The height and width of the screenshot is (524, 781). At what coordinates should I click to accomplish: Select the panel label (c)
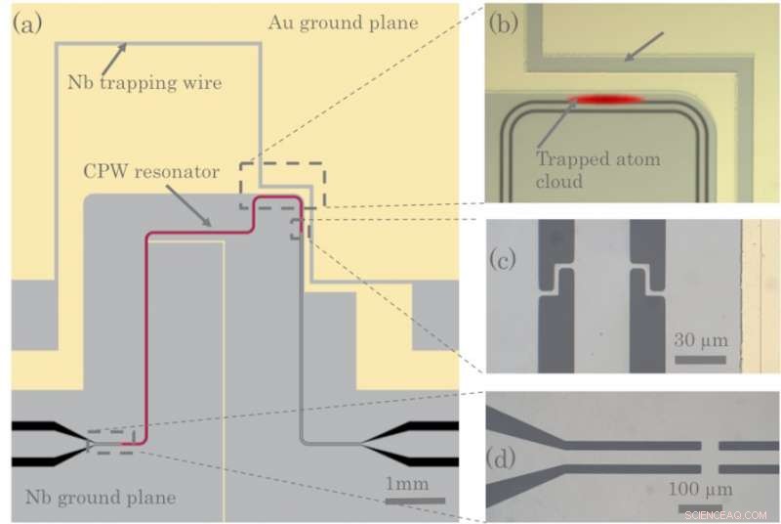pos(505,262)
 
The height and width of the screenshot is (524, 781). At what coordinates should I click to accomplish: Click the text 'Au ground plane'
pos(343,22)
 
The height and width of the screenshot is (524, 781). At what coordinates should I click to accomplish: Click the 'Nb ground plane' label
pos(93,496)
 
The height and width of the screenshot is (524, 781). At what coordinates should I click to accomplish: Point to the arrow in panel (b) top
pos(644,45)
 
